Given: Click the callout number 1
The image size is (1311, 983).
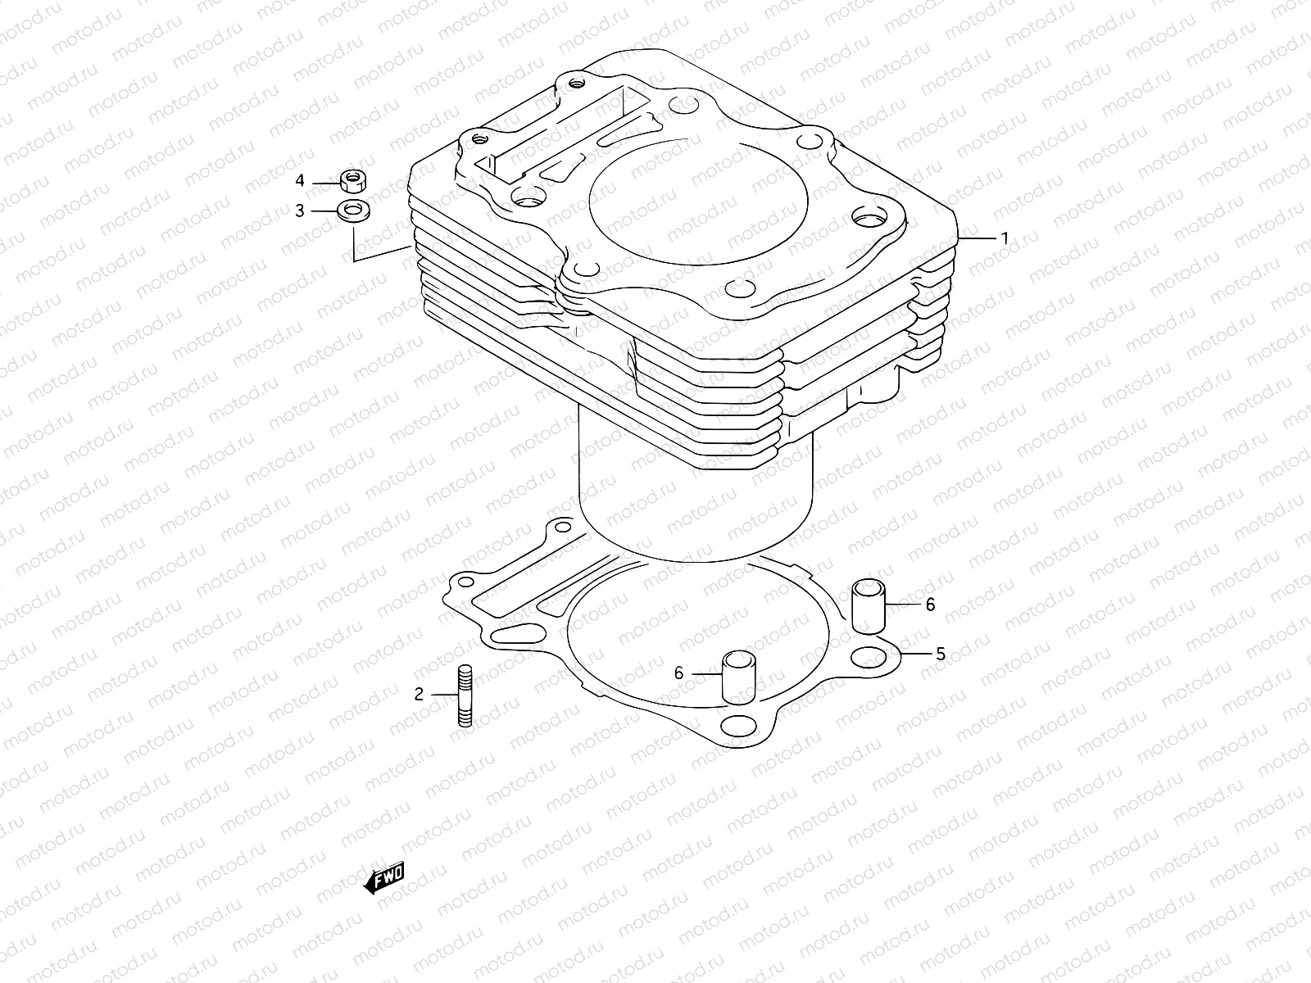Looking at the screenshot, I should (x=1004, y=238).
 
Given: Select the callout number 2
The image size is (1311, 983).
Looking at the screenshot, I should (x=419, y=695).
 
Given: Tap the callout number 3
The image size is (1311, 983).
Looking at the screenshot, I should (x=300, y=211).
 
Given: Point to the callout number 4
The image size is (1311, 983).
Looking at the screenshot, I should (x=300, y=180).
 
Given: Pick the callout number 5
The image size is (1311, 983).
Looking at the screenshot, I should (x=941, y=654).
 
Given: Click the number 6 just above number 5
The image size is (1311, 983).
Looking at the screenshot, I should (x=930, y=605).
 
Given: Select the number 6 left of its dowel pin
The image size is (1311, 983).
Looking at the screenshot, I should (x=678, y=673).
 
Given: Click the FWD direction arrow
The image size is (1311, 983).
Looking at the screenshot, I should (x=383, y=881).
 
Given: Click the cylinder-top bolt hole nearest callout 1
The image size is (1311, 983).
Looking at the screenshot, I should (x=869, y=218).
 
